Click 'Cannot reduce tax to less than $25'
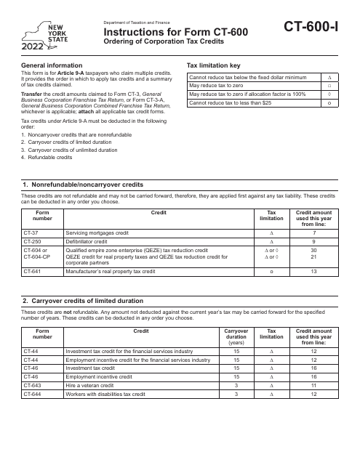234,103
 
